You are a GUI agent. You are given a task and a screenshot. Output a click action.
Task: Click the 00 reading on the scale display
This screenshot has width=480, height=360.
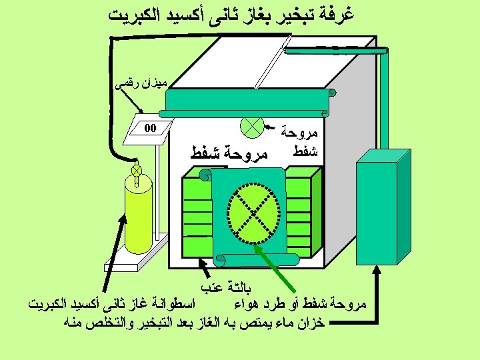pos(150,129)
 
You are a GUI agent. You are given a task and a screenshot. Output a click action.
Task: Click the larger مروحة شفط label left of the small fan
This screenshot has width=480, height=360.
pos(229,154)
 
